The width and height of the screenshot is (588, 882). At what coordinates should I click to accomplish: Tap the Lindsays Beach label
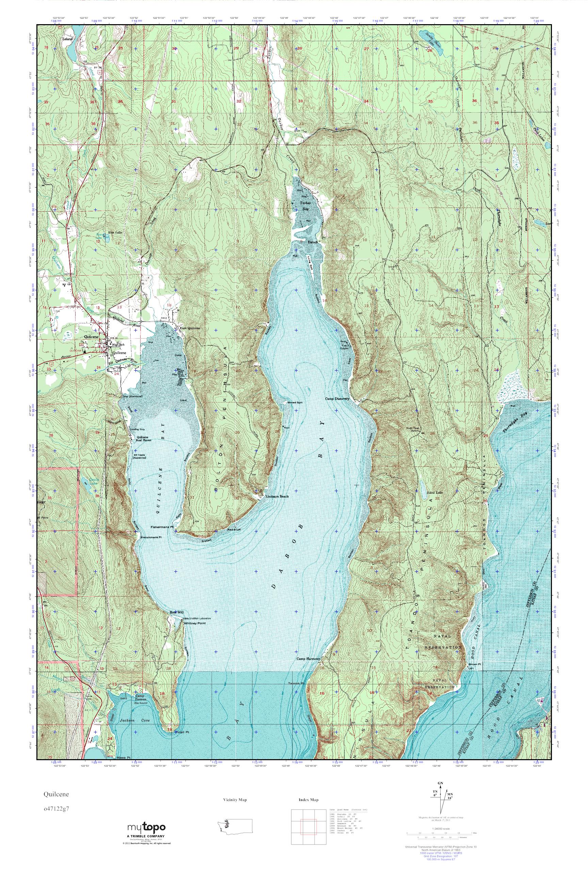277,496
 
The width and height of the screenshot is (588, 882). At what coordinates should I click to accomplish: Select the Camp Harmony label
309,658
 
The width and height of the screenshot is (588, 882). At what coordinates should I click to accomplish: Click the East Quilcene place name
190,328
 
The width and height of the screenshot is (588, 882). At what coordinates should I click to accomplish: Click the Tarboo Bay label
304,206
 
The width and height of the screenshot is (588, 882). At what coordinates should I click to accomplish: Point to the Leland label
67,39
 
